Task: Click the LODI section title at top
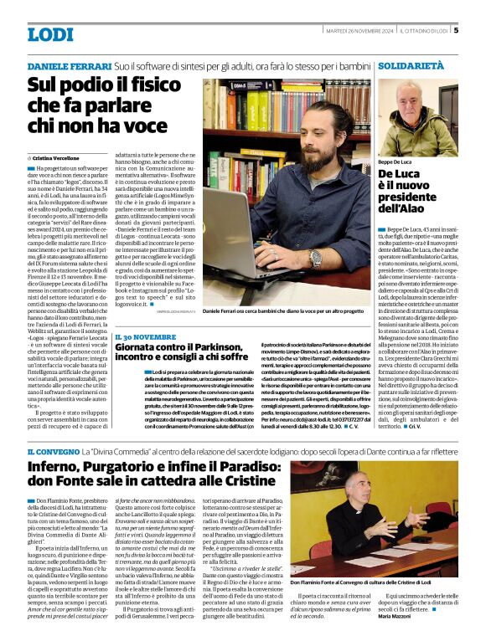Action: tap(50, 34)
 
